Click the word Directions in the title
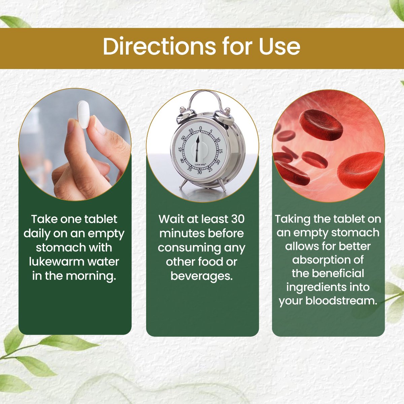point(159,46)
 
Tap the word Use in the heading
point(279,46)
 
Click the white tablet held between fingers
point(83,114)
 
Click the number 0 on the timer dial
point(200,128)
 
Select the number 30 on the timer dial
point(199,172)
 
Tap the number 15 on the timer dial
point(220,151)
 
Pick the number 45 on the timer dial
point(180,150)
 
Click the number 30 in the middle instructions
point(238,219)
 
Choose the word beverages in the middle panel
point(202,276)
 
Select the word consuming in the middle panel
point(189,248)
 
